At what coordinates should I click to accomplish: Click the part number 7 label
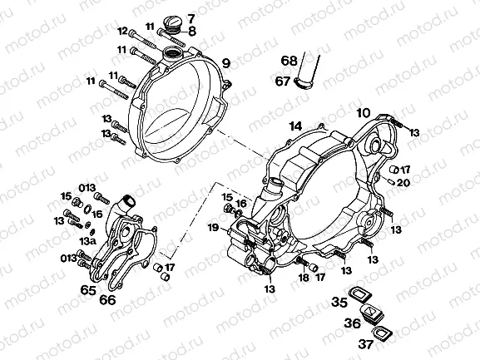click(191, 18)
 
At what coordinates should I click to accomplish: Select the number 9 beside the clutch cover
click(225, 63)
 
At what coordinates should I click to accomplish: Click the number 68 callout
click(289, 61)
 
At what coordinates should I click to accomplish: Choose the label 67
click(285, 81)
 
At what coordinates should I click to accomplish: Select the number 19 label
click(213, 227)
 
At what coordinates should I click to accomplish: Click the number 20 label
click(403, 182)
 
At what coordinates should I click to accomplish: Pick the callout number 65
click(88, 290)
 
